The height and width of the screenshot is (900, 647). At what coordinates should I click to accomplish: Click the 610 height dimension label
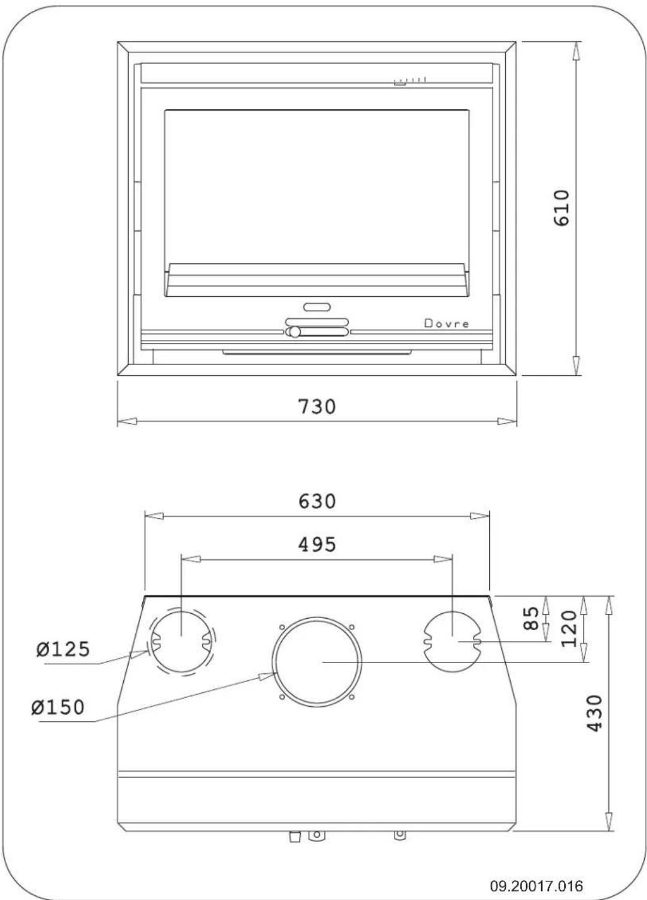tap(561, 208)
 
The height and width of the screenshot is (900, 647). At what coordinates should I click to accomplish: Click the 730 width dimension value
tap(317, 407)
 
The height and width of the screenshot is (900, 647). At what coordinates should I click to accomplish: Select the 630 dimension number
tap(317, 501)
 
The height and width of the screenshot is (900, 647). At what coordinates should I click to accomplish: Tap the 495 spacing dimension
tap(317, 545)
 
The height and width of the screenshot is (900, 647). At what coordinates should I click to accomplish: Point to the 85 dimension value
tap(530, 619)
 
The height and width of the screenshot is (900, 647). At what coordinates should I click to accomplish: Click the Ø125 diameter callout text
tap(62, 649)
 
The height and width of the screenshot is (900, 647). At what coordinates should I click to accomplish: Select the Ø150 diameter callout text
tap(59, 707)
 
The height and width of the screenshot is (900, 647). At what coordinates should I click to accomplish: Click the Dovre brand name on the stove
tap(446, 324)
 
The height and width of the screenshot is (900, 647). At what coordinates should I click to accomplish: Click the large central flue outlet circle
tap(317, 661)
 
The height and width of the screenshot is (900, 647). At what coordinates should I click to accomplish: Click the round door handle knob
tap(294, 332)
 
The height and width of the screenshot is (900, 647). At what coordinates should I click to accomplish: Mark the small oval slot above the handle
tap(317, 307)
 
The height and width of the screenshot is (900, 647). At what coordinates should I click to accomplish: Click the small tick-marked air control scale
tap(410, 80)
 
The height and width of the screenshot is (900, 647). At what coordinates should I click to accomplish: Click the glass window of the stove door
tap(317, 186)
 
